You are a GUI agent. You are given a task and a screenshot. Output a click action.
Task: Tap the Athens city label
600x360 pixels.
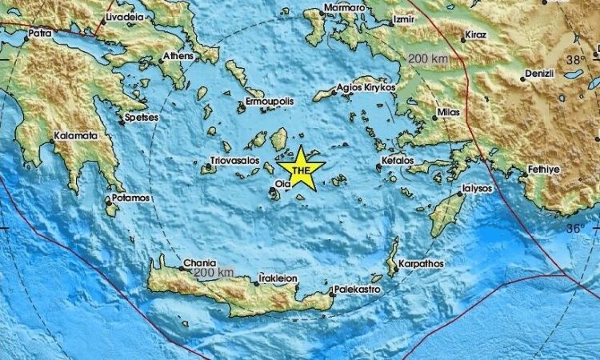[x=178, y=56]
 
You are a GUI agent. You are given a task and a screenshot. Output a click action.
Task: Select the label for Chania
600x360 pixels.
[x=198, y=262]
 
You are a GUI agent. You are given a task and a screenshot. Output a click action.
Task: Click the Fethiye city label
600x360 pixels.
[x=545, y=170]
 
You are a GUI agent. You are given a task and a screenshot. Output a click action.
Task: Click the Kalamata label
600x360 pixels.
[x=77, y=136]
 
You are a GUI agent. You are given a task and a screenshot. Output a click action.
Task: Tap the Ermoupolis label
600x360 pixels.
[x=270, y=102]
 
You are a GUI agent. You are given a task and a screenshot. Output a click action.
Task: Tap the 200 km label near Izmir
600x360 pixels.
[x=429, y=59]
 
